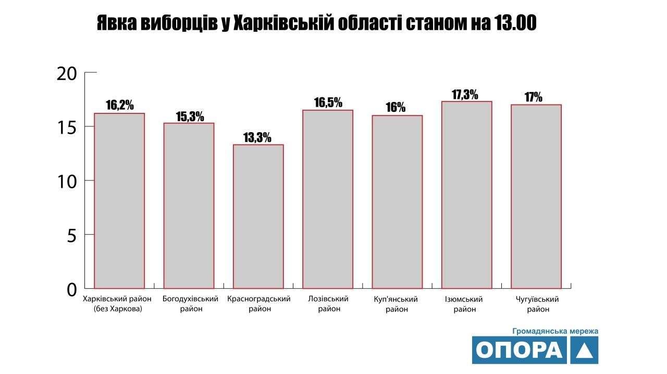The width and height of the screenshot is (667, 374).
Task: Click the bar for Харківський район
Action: click(x=119, y=201)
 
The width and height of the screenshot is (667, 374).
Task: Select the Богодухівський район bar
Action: click(x=189, y=205)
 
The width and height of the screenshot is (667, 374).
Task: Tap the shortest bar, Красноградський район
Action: click(x=258, y=216)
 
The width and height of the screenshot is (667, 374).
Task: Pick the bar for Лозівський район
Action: click(x=328, y=199)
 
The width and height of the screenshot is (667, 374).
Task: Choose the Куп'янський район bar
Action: click(x=397, y=202)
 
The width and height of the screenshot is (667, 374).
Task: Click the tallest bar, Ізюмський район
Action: click(x=466, y=195)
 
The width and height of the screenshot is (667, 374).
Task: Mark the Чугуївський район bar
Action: click(x=536, y=197)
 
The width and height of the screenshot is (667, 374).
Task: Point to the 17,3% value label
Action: click(x=465, y=94)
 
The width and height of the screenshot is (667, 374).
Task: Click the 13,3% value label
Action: click(x=257, y=138)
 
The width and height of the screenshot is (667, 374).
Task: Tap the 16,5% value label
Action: click(x=328, y=102)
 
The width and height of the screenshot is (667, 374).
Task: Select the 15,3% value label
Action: click(x=189, y=116)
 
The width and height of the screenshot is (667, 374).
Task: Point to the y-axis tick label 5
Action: click(x=72, y=236)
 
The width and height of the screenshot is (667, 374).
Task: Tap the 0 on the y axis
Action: click(x=72, y=290)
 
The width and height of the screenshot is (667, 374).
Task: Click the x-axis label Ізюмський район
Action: click(x=464, y=304)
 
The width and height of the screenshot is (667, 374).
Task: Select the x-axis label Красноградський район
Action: click(x=259, y=304)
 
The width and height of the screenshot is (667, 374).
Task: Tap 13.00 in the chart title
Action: click(x=512, y=24)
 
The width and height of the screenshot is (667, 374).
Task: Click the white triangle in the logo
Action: click(x=584, y=351)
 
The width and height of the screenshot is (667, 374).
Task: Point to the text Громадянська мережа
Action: click(x=555, y=331)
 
